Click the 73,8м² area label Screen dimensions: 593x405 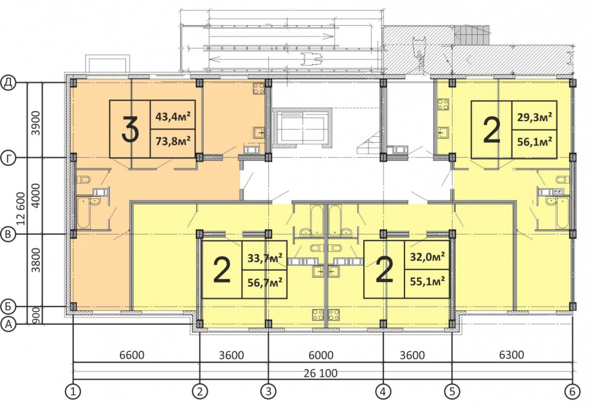tap(173, 142)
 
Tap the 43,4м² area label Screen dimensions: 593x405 tap(173, 115)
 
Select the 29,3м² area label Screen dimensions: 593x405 tap(534, 116)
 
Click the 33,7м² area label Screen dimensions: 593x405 tap(265, 258)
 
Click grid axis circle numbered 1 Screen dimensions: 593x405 tap(73, 392)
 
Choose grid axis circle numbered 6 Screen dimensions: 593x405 tap(572, 392)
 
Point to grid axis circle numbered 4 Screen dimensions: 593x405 tap(383, 392)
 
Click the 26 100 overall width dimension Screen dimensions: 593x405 tap(321, 373)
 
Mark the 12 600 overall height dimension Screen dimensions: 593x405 tap(21, 208)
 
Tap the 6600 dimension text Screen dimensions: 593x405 tap(131, 355)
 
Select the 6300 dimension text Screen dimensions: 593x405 tap(512, 355)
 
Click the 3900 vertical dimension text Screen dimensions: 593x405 tap(35, 123)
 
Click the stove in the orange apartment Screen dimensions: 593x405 tap(259, 89)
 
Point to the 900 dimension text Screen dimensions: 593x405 tap(36, 315)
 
